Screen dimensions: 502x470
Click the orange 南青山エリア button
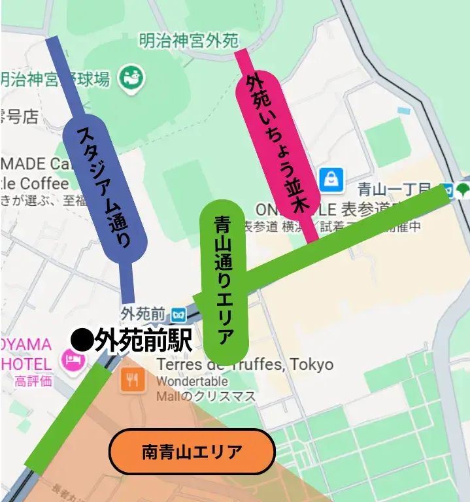coord(192,452)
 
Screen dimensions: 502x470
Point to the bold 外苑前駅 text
coord(143,339)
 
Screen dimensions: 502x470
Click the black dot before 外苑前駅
coord(81,339)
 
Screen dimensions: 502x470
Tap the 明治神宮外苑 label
coord(189,41)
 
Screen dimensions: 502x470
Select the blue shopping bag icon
coord(332,179)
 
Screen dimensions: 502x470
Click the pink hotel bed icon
coord(70,359)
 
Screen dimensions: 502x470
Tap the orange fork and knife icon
coord(133,380)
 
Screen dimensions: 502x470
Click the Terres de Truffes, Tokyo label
coord(245,364)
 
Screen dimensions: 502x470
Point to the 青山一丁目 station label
coord(398,190)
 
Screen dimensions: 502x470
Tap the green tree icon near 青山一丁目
coord(462,190)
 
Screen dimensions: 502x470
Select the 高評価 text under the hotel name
coord(33,380)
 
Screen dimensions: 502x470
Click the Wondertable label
coord(192,381)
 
